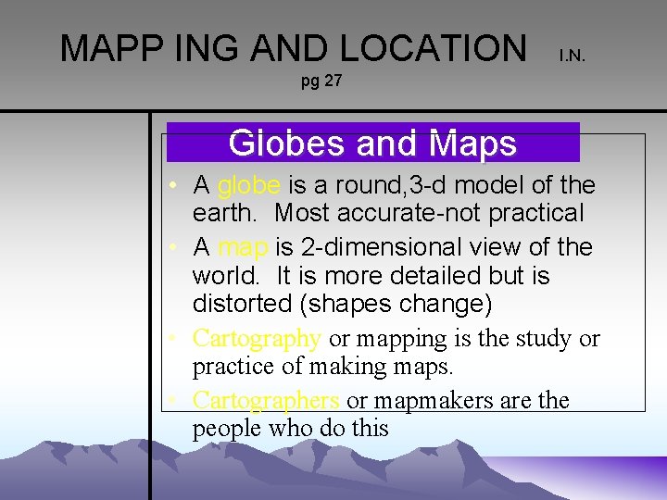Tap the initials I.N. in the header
[572, 56]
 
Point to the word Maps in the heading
[472, 144]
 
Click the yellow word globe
[248, 185]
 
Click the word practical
[539, 213]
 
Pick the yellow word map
[244, 247]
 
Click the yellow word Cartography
[257, 339]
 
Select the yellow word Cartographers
[266, 401]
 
